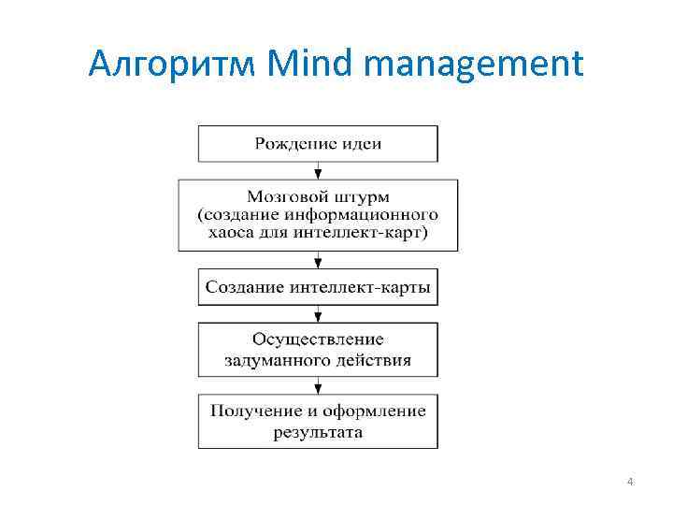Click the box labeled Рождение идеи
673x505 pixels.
318,143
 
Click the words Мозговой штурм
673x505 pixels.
318,196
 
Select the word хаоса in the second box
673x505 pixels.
230,233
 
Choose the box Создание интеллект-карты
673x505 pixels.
318,287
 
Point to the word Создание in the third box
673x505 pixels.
244,287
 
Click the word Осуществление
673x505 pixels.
318,339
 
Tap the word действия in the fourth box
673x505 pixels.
375,358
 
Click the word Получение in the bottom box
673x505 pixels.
250,411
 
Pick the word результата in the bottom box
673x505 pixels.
318,431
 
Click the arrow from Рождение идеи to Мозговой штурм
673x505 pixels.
318,170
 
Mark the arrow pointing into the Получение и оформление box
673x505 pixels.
318,386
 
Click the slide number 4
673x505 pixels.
630,482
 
